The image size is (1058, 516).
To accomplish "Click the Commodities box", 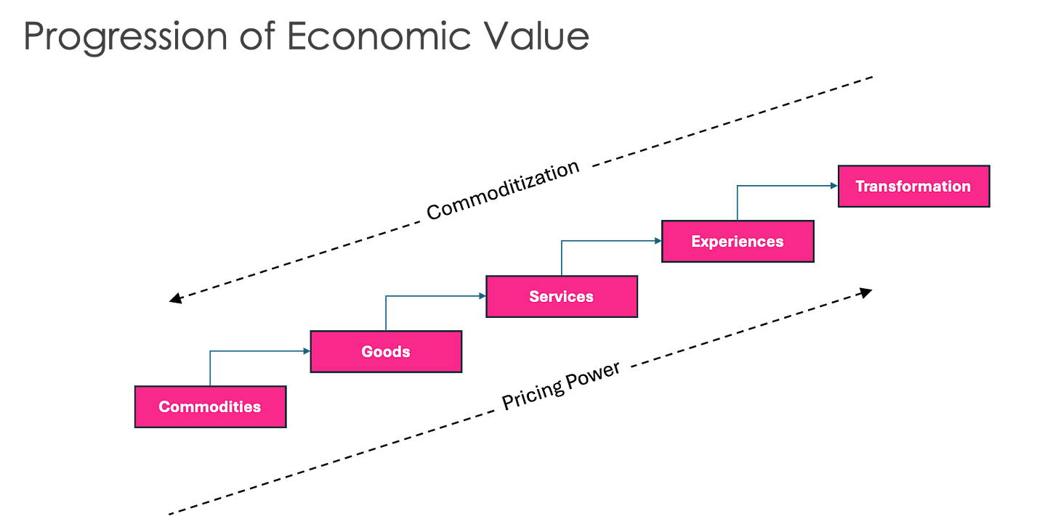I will [x=210, y=406].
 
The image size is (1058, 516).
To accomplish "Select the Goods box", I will [x=386, y=351].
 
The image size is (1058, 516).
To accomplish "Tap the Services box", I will [x=561, y=296].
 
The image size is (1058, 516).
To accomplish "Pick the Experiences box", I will [x=738, y=241].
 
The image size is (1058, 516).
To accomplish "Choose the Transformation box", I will [x=913, y=187].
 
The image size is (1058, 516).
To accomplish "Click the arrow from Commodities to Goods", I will [x=247, y=351].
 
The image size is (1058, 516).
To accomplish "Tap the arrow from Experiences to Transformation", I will [x=778, y=186].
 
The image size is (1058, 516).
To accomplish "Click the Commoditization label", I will [x=503, y=189].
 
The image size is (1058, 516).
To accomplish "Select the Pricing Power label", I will [x=562, y=385].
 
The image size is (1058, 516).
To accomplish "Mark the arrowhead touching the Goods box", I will [x=307, y=351].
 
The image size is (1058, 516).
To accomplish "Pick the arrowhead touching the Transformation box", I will [x=833, y=186].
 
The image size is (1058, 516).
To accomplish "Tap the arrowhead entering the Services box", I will [x=482, y=295].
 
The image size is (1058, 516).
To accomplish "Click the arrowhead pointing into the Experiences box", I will [x=658, y=240].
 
